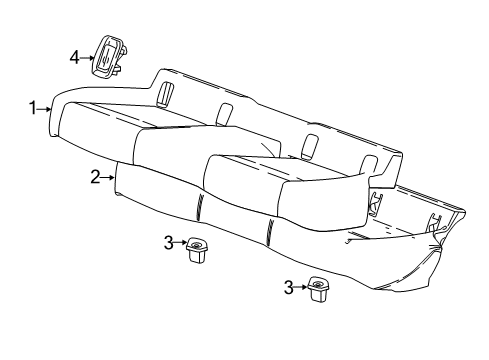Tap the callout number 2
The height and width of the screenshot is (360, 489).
95,177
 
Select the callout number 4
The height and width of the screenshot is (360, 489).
74,58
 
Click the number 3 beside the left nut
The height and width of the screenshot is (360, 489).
169,241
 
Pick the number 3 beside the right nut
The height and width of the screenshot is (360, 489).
289,287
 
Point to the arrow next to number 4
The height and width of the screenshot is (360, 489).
87,58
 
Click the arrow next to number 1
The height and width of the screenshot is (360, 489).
45,108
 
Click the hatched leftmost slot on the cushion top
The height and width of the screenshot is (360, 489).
163,92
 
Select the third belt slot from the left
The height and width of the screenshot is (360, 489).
309,143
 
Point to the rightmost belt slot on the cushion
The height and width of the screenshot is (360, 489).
374,166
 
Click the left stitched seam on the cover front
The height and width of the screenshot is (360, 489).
199,211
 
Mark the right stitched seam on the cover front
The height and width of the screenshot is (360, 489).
271,234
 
